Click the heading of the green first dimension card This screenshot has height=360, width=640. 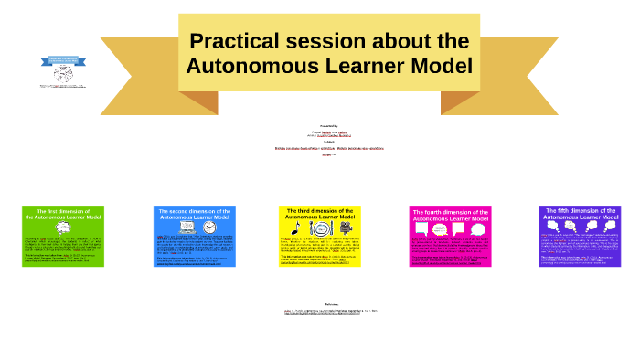pos(63,215)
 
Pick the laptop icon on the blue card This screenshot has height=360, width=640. pos(188,228)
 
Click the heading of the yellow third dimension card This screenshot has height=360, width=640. pos(320,215)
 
